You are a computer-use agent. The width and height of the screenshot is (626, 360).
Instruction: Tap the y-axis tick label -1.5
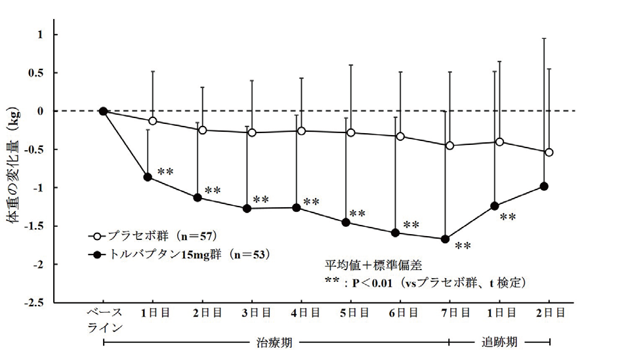point(36,226)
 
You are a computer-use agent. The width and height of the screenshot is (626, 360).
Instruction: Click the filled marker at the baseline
point(103,111)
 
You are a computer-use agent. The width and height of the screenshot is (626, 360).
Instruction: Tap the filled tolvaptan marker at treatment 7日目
point(446,239)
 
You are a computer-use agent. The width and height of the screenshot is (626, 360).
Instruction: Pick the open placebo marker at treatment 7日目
point(449,146)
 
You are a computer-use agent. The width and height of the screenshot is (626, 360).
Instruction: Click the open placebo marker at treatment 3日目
point(252,132)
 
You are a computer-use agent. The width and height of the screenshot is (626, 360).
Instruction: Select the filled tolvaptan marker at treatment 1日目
point(148,177)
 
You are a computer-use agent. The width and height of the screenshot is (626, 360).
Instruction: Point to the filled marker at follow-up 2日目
point(544,186)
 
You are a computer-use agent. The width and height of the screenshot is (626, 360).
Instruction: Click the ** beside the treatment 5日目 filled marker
point(357,214)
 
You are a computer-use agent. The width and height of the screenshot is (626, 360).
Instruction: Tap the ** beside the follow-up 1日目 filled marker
point(507,217)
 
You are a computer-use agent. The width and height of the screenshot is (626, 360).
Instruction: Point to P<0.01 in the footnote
point(371,283)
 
